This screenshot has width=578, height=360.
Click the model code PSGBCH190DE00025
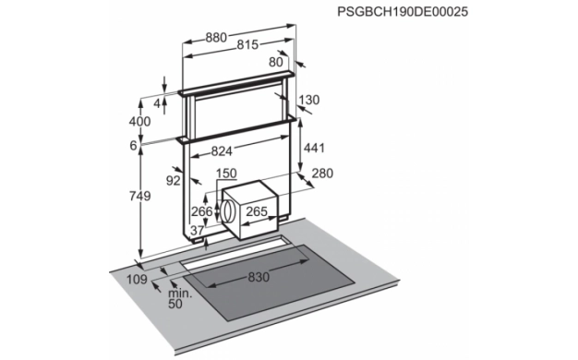tap(403, 11)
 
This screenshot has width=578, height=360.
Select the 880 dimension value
tap(216, 38)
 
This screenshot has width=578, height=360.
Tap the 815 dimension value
tap(247, 45)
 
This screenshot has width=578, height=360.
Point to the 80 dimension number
tap(276, 62)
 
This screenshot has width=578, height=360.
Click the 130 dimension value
tap(309, 100)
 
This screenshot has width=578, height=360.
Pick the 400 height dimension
tap(139, 121)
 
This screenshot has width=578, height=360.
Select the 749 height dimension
tap(139, 196)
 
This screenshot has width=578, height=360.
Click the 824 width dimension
tap(222, 151)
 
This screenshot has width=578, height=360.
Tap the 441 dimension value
tap(314, 148)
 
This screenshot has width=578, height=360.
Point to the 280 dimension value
tap(322, 174)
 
